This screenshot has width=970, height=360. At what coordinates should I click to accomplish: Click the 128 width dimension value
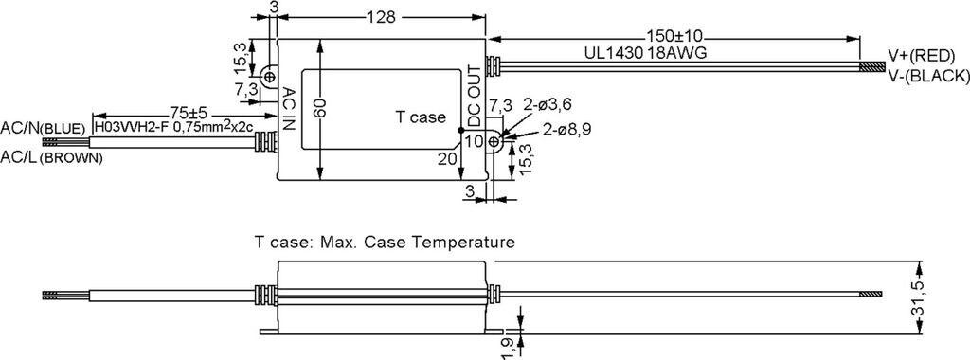point(381,17)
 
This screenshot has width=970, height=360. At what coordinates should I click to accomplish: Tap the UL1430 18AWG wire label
point(645,52)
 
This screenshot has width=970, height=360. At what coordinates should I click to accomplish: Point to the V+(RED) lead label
point(921,56)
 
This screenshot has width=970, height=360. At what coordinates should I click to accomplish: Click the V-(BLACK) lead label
point(928,76)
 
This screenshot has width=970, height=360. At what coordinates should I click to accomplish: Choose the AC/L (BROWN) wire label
point(51,157)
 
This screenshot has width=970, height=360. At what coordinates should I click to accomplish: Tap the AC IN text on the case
point(288,108)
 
